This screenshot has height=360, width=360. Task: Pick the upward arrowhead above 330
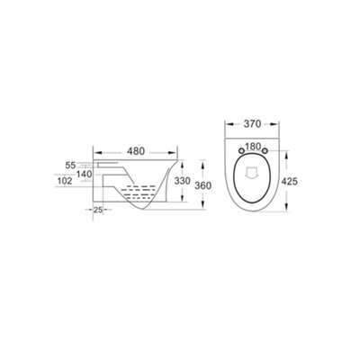(179, 164)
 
